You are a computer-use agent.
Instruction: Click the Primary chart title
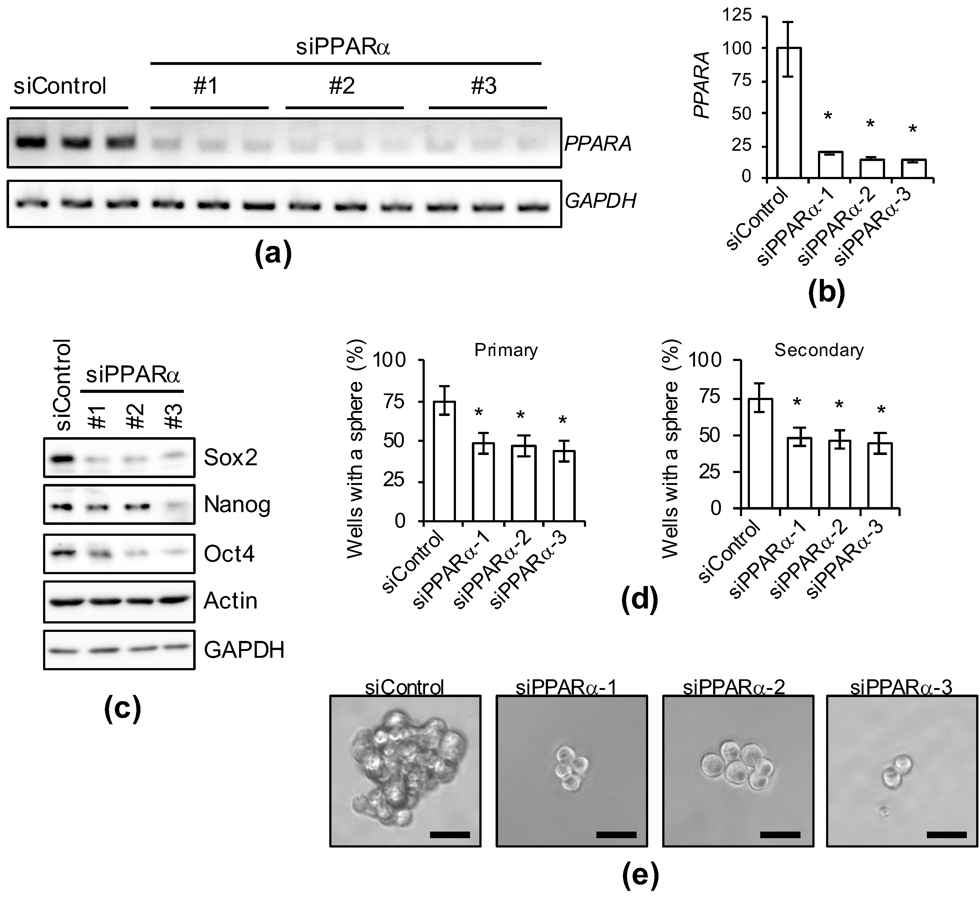click(506, 350)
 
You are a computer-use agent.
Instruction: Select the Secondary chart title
click(819, 350)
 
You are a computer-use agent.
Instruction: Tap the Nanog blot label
click(237, 505)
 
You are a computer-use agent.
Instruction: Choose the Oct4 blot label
click(229, 554)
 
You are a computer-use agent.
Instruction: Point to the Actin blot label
click(230, 601)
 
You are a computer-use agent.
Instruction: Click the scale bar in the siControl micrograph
click(450, 835)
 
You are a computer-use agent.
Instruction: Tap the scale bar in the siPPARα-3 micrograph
click(947, 835)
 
